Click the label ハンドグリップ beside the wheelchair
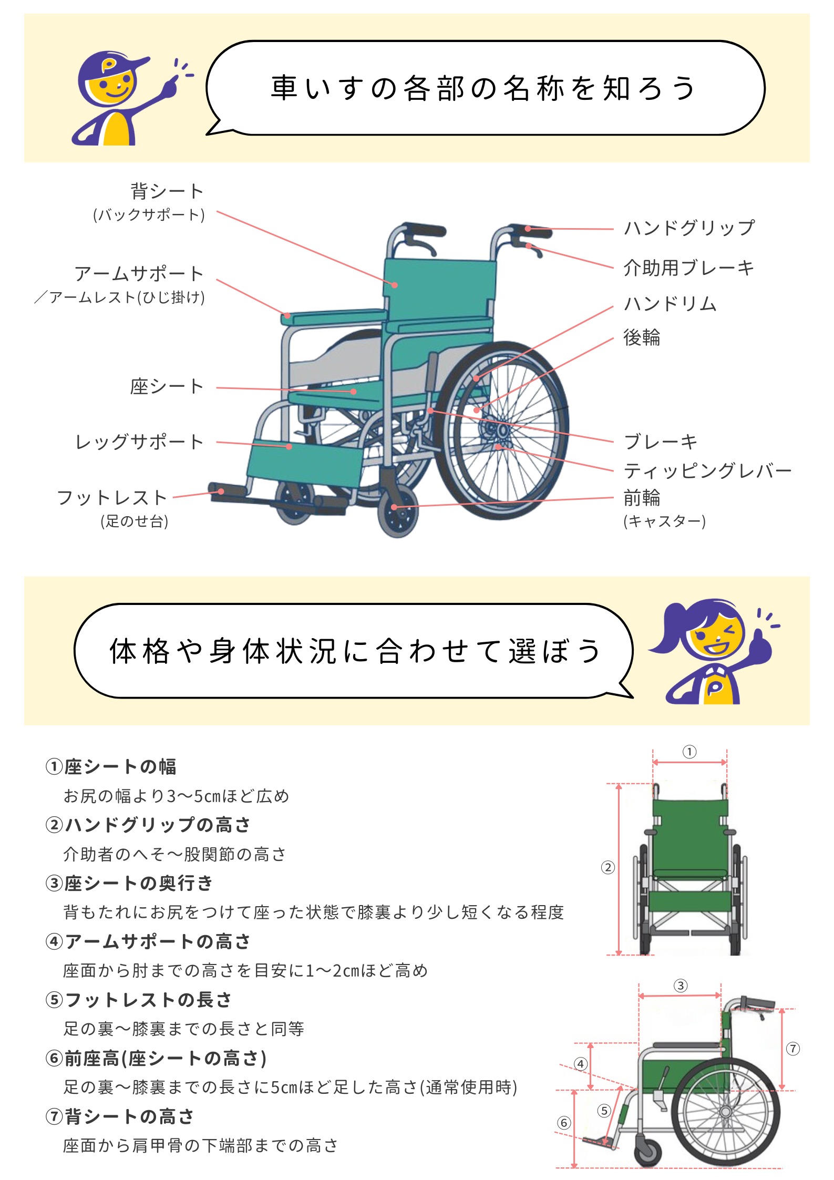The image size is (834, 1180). coord(689,228)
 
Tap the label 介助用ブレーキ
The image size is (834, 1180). coord(688,268)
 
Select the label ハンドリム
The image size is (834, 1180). coord(670,304)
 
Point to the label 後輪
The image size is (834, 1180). coord(642,337)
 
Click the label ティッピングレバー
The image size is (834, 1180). coord(707,471)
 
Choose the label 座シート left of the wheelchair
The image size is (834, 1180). coord(167,387)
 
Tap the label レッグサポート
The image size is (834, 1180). coord(139,442)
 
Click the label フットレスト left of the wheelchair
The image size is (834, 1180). coord(112,498)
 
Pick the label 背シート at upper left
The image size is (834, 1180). coord(167,191)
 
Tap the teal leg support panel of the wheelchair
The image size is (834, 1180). coord(305,463)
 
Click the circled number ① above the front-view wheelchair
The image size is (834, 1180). coord(689,752)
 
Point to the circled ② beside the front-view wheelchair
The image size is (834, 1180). coord(608,867)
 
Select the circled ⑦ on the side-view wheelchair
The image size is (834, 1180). coord(793,1049)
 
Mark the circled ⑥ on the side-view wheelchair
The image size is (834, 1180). coord(564,1123)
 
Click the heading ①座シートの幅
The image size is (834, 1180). coord(111,767)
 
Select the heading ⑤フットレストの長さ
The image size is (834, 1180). coord(139,1000)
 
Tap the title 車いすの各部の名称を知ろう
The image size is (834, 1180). coord(484,88)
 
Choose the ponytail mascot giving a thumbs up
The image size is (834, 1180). coord(712,652)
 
